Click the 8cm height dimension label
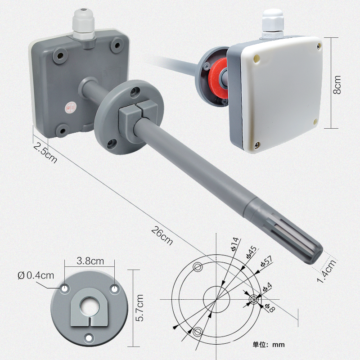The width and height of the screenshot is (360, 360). [337, 85]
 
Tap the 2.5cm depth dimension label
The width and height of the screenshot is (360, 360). [45, 153]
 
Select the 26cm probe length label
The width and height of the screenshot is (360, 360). [162, 236]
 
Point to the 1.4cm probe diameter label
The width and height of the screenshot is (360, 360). [326, 271]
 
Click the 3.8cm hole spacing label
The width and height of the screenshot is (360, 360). [90, 261]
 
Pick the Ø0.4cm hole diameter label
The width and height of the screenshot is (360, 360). [36, 275]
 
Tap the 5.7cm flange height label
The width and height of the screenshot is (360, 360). [139, 308]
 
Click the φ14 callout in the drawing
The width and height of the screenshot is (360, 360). [234, 244]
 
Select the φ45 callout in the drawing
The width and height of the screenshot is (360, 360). [252, 252]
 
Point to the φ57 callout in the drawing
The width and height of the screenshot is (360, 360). [266, 261]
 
